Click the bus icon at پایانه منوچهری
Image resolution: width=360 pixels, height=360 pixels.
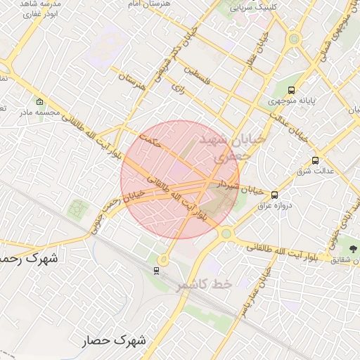pos(292,90)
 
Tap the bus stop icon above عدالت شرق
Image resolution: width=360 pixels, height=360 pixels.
pos(315,160)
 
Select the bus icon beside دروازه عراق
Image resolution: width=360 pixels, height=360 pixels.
pos(274,195)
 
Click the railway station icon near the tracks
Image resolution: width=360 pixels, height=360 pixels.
pos(156,269)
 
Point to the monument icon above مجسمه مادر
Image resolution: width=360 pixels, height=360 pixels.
pos(39,101)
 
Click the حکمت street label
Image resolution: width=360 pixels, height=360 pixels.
pos(150,139)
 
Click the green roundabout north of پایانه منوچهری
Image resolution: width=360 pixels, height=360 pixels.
pos(294,39)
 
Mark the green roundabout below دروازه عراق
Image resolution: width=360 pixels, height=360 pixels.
pos(225,233)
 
